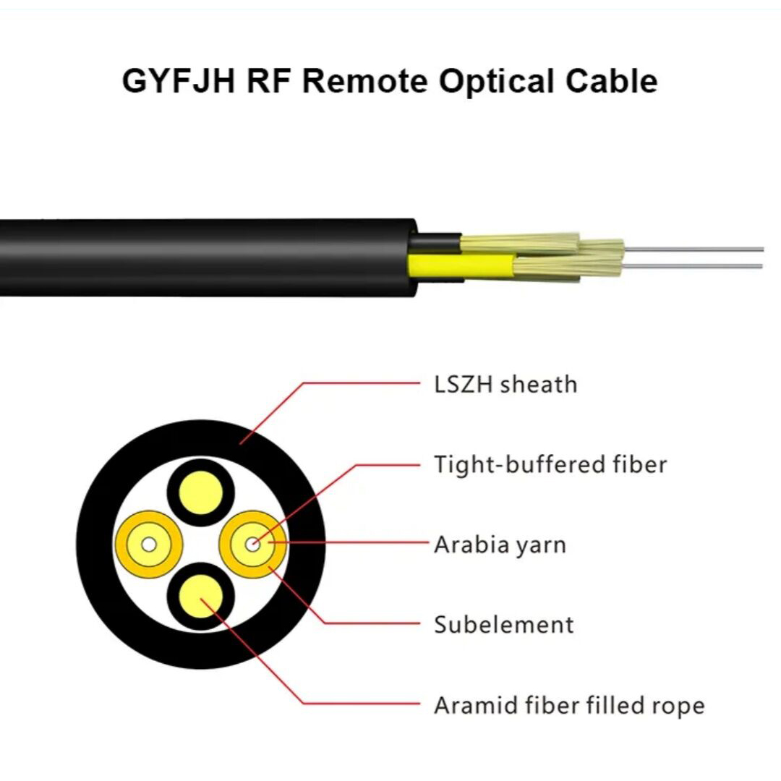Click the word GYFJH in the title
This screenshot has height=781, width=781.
(x=179, y=81)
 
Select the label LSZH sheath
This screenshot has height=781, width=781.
(x=505, y=384)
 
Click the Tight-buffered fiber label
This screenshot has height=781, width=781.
(x=550, y=464)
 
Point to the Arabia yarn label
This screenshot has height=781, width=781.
(x=500, y=545)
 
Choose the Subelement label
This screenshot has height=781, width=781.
(x=503, y=625)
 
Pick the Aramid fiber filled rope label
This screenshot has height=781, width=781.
(x=569, y=705)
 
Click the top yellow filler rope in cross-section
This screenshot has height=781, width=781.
(x=201, y=491)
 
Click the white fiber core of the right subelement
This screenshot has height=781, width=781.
(x=252, y=545)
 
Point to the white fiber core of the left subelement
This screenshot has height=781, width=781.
(x=148, y=545)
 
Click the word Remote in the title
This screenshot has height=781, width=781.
(x=364, y=81)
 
